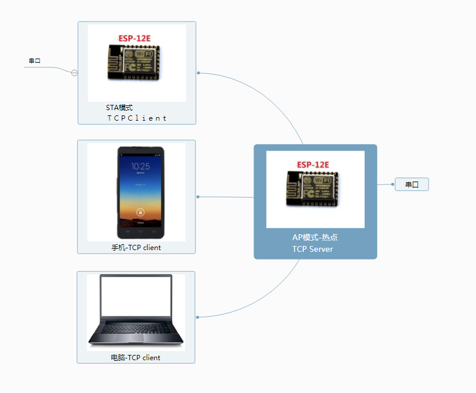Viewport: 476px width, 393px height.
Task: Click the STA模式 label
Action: coord(119,108)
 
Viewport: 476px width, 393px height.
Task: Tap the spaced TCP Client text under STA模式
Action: coord(136,118)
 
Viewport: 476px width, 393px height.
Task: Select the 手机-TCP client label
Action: coord(136,247)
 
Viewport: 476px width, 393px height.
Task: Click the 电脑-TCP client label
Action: coord(135,357)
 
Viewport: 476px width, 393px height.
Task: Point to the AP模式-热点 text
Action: coord(315,237)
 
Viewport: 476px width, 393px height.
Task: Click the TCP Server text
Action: coord(313,249)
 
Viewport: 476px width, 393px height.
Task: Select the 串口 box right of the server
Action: coord(412,184)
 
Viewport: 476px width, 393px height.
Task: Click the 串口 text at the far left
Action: coord(35,60)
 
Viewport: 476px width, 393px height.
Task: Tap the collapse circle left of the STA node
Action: coord(74,73)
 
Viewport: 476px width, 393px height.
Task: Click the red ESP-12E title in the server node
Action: coord(313,165)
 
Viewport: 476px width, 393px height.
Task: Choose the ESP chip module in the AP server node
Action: coord(312,188)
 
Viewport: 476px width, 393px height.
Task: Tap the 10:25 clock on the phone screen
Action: coord(140,166)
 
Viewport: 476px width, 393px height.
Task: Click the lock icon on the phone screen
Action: coord(140,211)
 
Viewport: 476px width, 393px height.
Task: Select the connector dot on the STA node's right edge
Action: coord(198,73)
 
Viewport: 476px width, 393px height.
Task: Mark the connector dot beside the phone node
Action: coord(198,197)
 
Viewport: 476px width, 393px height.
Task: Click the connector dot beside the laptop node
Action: coord(198,317)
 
